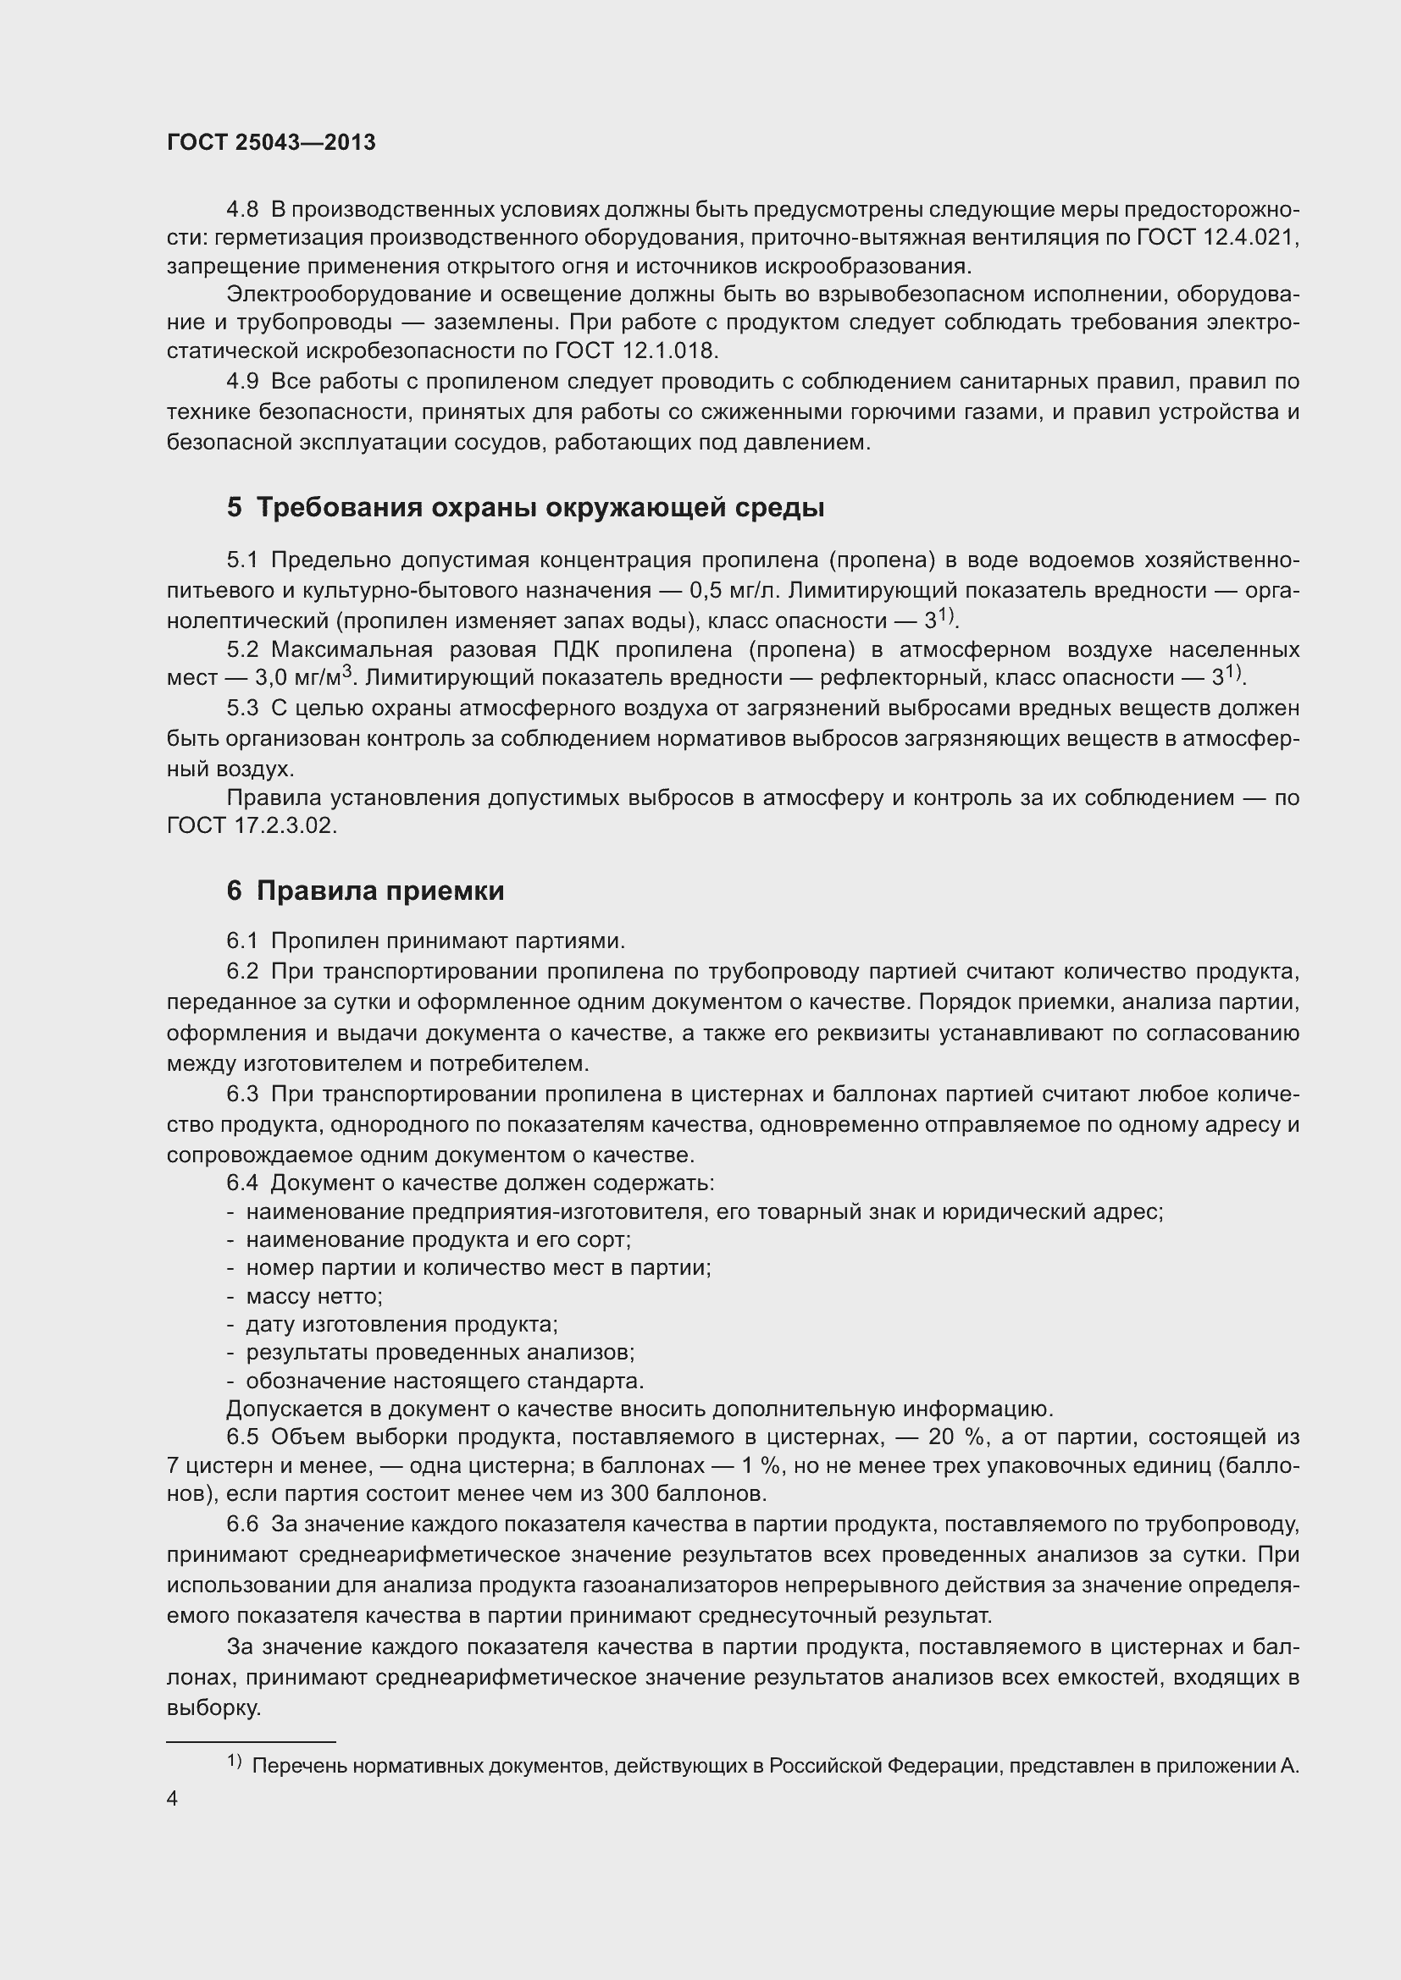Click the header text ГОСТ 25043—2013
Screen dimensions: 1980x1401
[x=271, y=143]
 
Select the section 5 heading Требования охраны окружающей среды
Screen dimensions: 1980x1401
[x=526, y=508]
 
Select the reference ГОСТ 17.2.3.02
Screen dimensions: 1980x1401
[x=250, y=825]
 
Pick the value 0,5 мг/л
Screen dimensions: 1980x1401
[x=735, y=591]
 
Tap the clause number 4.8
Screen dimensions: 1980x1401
[x=242, y=210]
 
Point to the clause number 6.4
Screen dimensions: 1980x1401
[x=242, y=1184]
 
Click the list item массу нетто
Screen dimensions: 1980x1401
[x=313, y=1296]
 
